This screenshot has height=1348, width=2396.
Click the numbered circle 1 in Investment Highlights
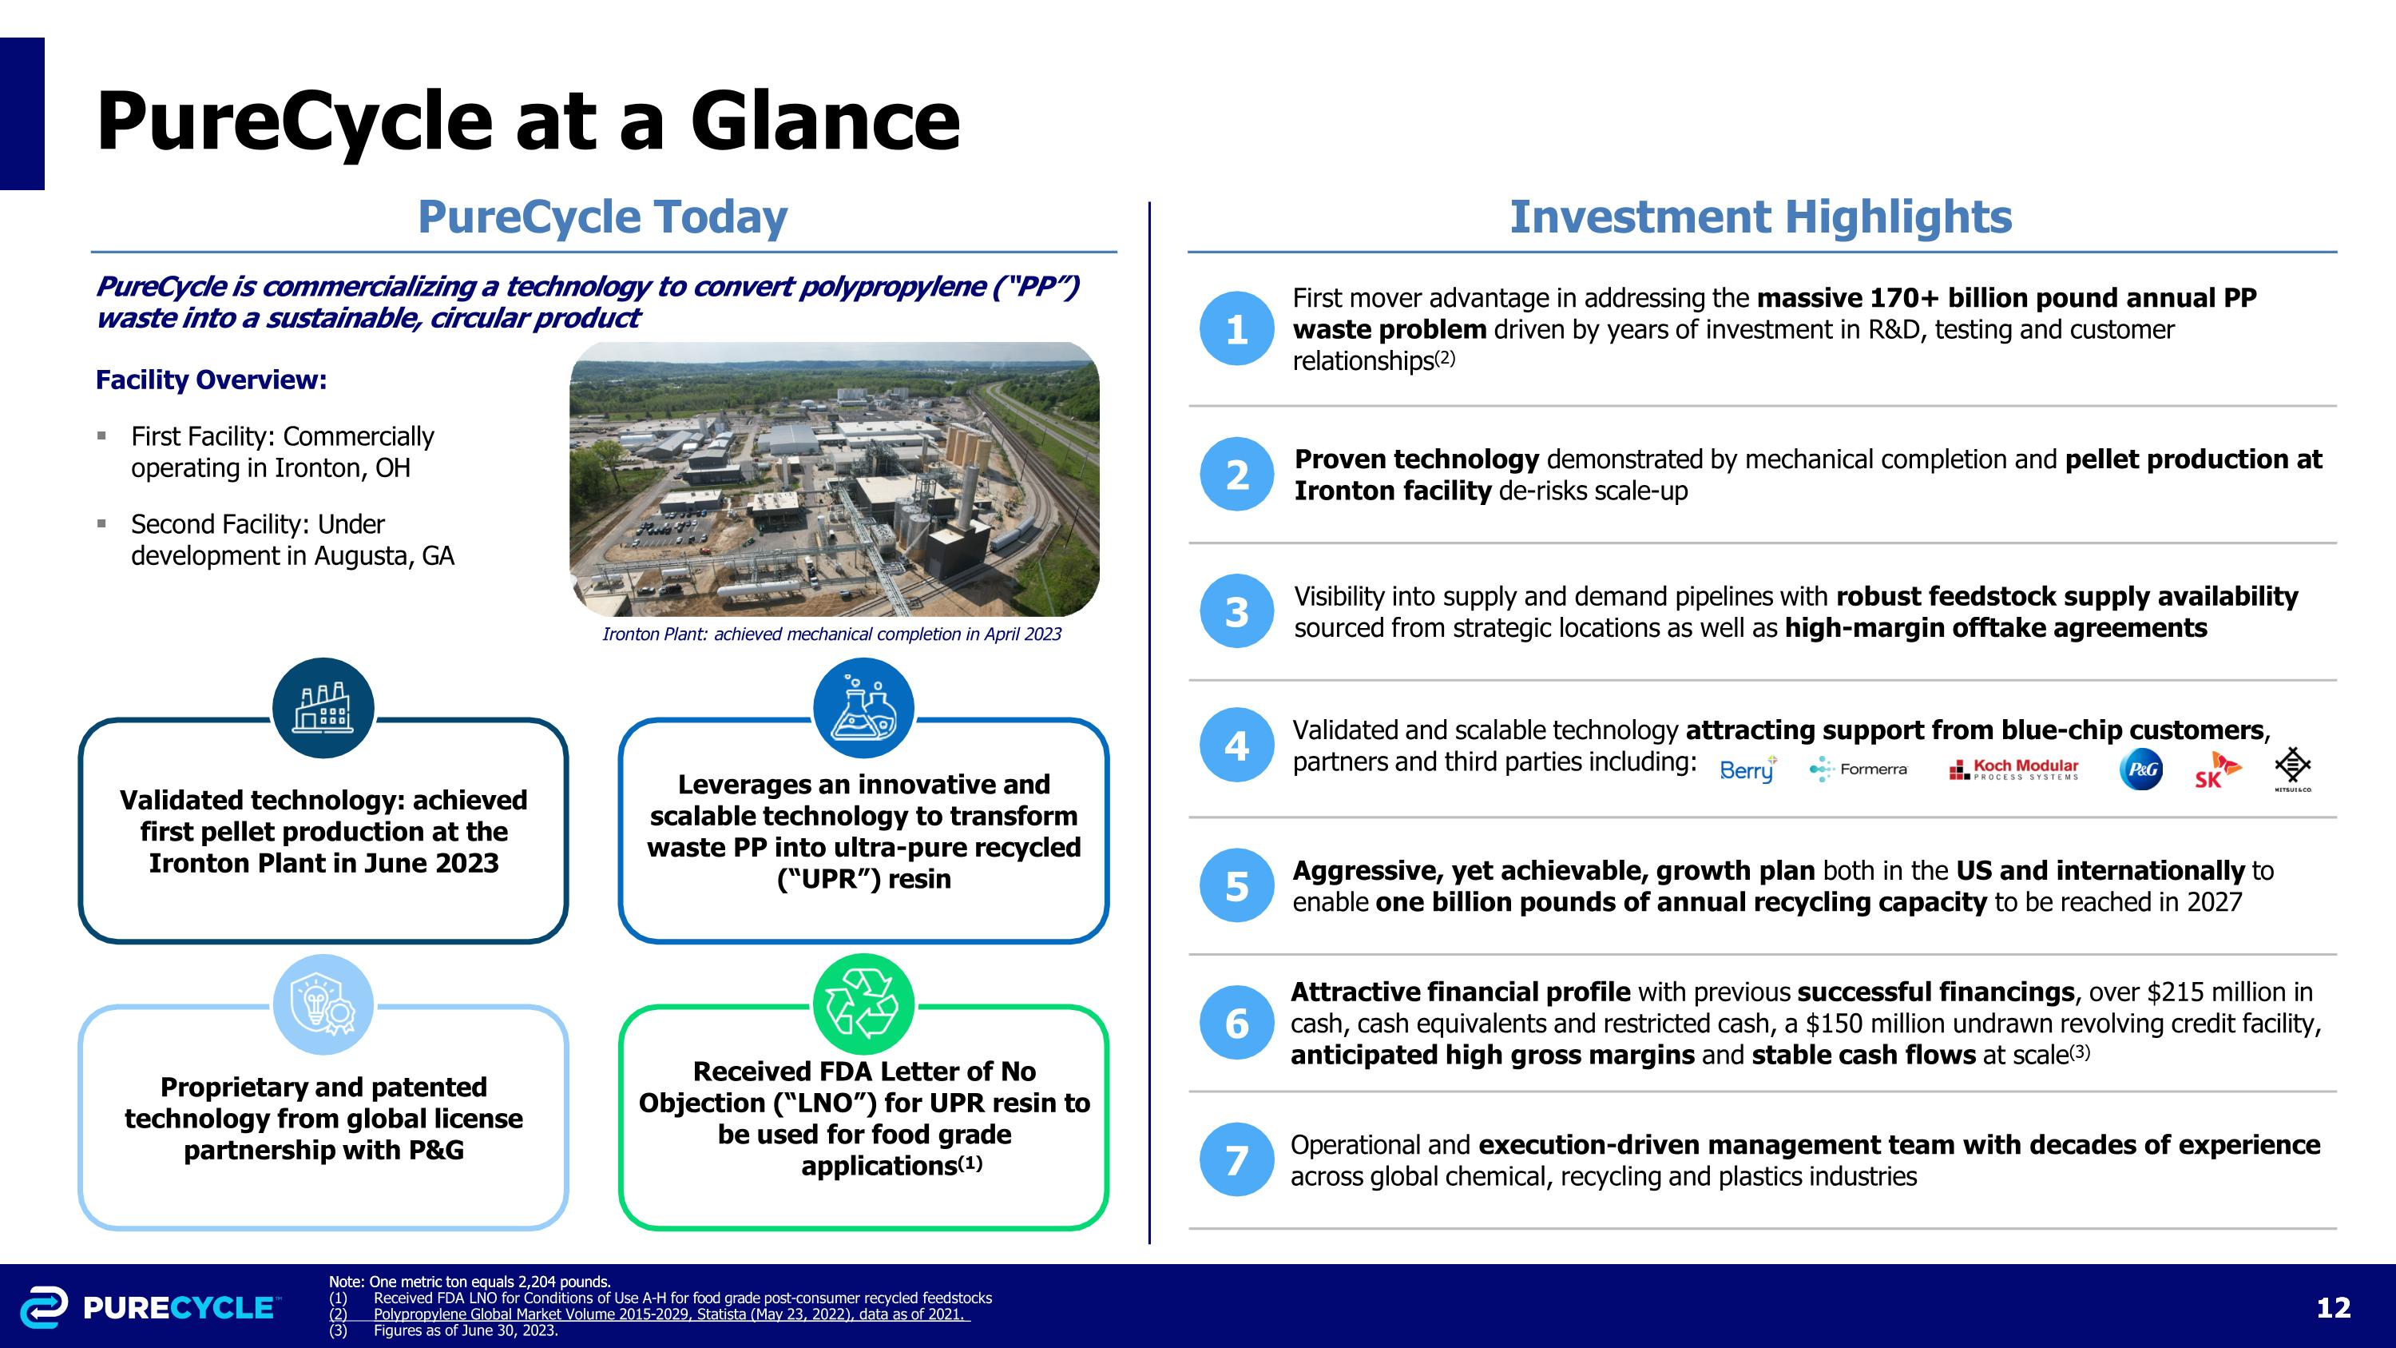point(1236,328)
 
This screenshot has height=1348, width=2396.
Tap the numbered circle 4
point(1236,746)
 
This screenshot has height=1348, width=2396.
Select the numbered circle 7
point(1236,1159)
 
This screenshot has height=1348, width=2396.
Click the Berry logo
point(1747,769)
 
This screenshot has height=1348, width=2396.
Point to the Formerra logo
point(1858,769)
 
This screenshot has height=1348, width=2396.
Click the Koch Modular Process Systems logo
point(2013,769)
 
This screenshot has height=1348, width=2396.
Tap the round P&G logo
point(2141,769)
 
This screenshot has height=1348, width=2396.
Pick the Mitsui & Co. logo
point(2292,769)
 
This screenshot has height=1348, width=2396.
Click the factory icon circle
point(323,708)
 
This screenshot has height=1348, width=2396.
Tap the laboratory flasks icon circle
point(863,708)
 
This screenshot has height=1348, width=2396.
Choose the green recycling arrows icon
point(863,1004)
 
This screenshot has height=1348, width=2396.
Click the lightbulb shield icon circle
point(323,1004)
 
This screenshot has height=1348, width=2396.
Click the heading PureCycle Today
point(603,217)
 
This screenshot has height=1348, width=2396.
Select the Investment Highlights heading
point(1759,217)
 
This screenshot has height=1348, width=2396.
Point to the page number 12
point(2333,1308)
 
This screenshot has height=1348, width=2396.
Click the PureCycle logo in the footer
point(149,1307)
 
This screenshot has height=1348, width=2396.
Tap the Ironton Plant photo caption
point(831,634)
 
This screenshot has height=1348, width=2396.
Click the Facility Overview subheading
point(211,380)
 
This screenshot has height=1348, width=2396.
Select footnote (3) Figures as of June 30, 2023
point(445,1330)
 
